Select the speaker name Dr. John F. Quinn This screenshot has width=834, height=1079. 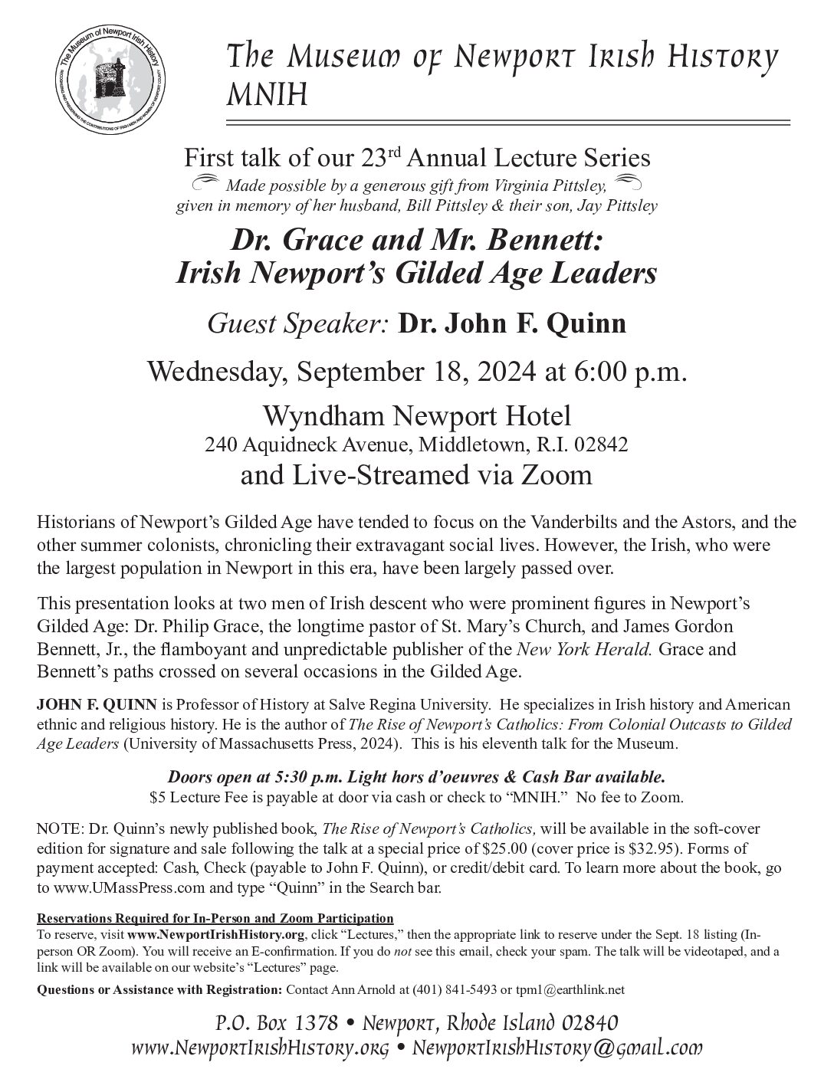click(x=511, y=323)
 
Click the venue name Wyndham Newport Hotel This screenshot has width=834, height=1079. click(x=417, y=417)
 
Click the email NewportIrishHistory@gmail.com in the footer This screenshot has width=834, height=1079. click(x=557, y=1049)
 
